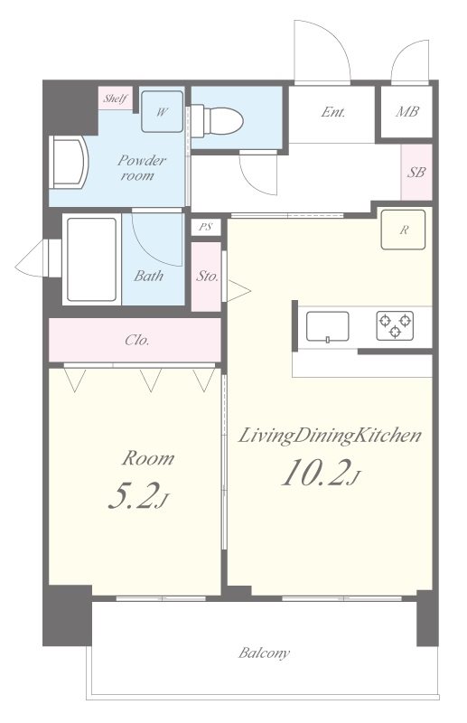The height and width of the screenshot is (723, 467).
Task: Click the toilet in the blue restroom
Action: (217, 121)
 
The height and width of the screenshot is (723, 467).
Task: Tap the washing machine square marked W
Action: (162, 111)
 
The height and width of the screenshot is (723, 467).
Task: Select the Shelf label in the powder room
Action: (116, 98)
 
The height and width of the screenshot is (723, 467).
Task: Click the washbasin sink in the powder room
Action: (69, 162)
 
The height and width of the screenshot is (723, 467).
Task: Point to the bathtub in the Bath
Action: (92, 259)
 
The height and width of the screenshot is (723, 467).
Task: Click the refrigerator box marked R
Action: (403, 230)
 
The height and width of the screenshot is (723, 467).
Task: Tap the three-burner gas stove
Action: (395, 325)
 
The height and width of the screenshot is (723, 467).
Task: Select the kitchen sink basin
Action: (327, 326)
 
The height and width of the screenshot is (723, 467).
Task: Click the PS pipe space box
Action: (206, 227)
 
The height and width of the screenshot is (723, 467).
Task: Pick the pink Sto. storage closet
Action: (206, 277)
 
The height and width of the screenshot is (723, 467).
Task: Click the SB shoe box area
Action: (416, 172)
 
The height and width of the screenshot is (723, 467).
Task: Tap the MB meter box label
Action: (407, 111)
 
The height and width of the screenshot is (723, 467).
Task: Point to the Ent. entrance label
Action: (332, 112)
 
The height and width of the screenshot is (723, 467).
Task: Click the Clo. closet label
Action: (137, 341)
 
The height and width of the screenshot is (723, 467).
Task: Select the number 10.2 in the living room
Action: (313, 473)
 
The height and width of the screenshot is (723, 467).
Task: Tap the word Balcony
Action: (264, 653)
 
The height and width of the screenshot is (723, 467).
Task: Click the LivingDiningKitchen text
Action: (330, 437)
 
